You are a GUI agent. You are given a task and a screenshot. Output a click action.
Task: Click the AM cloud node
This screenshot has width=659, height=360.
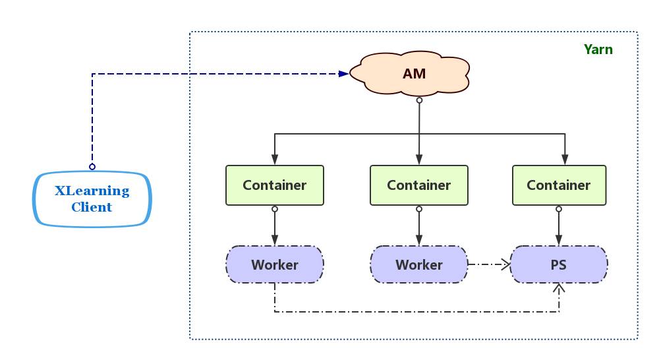click(414, 73)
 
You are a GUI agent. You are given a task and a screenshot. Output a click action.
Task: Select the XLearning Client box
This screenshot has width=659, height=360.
click(92, 198)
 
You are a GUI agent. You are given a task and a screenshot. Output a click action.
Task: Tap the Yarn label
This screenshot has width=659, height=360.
click(598, 49)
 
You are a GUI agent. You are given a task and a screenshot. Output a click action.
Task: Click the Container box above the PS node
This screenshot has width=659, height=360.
click(559, 185)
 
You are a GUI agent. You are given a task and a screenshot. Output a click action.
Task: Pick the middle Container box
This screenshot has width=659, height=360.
click(419, 185)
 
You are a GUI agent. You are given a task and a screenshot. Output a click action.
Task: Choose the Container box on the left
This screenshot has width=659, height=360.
click(275, 185)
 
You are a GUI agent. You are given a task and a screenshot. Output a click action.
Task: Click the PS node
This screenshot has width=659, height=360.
click(559, 265)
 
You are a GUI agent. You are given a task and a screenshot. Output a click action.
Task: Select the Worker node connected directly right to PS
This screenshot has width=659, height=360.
click(419, 265)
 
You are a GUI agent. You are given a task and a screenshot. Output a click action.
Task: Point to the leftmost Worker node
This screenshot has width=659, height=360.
click(275, 265)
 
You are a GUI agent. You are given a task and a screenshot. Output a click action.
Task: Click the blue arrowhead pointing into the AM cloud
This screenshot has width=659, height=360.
click(343, 74)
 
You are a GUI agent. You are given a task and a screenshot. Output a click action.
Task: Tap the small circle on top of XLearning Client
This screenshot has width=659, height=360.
click(92, 166)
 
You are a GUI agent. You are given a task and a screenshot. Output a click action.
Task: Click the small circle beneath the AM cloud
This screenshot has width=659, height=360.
click(419, 100)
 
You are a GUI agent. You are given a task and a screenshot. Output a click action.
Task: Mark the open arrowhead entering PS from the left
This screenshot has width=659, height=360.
click(505, 265)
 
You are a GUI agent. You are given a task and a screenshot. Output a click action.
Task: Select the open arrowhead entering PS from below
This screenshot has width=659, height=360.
click(559, 288)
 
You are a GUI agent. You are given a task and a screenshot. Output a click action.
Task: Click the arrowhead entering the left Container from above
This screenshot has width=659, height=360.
click(275, 160)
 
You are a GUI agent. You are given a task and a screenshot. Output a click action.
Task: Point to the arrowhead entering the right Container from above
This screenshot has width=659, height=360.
click(565, 160)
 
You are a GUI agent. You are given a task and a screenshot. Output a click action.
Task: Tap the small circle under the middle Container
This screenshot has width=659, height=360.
click(419, 209)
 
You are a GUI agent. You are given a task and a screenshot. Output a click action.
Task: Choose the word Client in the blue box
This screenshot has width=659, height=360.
click(92, 207)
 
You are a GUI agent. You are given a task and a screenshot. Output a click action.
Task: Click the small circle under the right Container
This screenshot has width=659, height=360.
click(559, 209)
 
